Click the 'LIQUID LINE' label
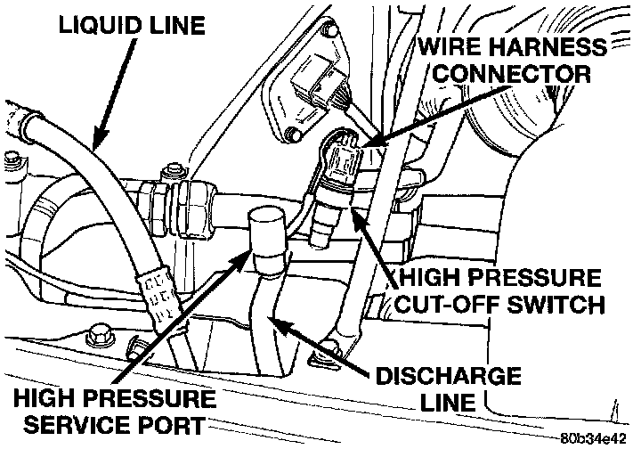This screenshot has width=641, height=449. tap(132, 27)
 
